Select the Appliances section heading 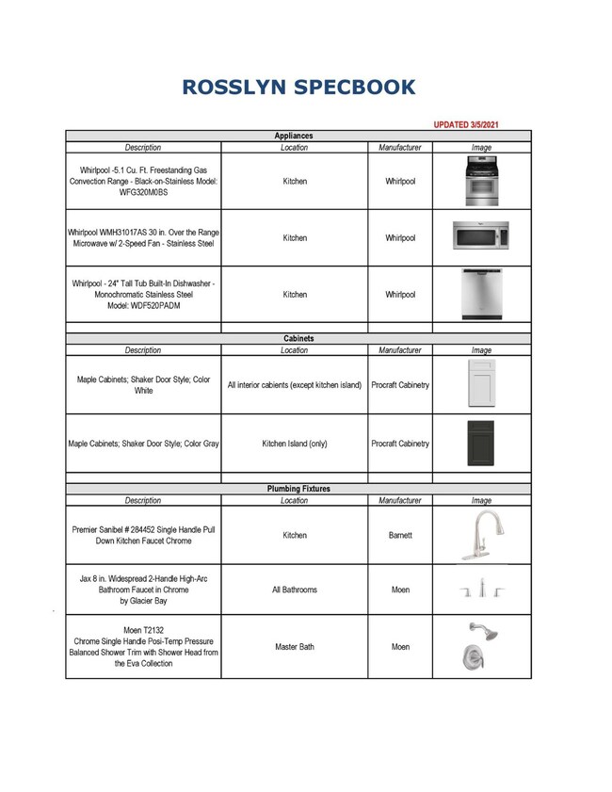(295, 136)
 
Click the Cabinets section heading (298, 337)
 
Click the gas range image (481, 181)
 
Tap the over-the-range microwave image (481, 234)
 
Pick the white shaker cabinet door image (481, 384)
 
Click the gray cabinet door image (481, 443)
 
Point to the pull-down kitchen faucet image (481, 535)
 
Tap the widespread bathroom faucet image (481, 590)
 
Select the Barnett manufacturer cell (400, 535)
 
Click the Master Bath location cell (295, 648)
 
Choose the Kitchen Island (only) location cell (295, 444)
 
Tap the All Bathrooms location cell (295, 590)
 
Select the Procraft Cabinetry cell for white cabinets (400, 385)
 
